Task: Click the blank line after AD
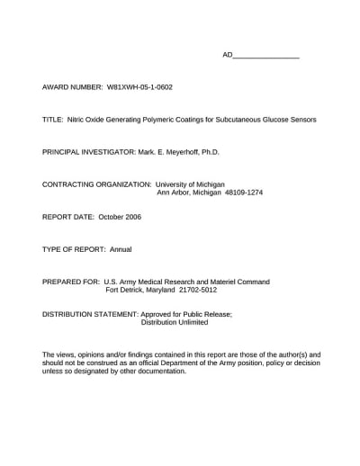tap(266, 56)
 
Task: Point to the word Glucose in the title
tap(261, 120)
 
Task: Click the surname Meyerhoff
tap(187, 152)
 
